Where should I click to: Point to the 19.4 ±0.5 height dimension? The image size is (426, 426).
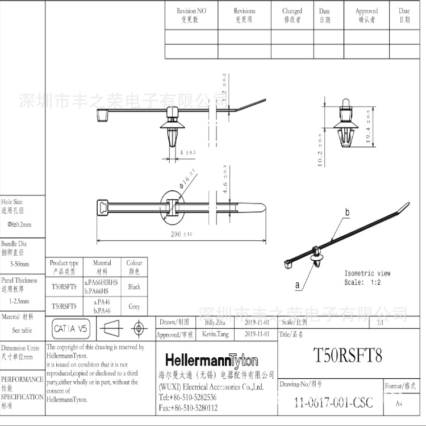368,126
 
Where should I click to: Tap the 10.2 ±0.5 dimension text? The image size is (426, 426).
320,150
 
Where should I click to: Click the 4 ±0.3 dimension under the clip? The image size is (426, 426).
188,153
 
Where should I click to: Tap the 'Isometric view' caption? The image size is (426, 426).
367,273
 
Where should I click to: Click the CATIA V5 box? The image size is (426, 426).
71,328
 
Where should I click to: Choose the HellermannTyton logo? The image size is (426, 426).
211,361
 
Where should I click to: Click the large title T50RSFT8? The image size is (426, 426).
348,356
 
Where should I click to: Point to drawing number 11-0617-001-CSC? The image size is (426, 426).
333,403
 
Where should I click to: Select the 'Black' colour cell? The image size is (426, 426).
134,287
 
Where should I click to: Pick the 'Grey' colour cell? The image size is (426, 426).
134,306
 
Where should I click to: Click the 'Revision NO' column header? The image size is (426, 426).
191,11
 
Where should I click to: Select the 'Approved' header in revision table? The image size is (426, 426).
366,11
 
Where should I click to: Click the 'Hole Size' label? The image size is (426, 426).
12,202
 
